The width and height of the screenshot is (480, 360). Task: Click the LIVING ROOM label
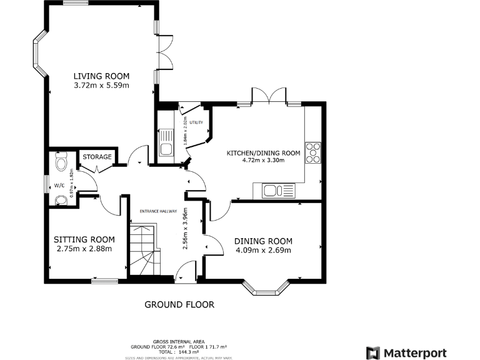coord(101,75)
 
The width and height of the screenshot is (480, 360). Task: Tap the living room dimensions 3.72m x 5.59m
coord(101,85)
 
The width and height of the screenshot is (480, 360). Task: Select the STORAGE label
coord(97,157)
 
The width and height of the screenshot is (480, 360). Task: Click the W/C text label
coord(59,186)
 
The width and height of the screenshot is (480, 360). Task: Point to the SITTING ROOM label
coord(84,239)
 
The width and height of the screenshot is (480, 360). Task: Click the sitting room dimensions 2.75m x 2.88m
coord(84,249)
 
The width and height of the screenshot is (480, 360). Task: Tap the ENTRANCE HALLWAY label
coord(158,211)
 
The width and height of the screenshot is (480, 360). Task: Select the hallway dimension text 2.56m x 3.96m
coord(185,229)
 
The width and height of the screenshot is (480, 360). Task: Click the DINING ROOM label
coord(263,241)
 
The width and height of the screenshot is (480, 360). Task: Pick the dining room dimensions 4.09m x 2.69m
coord(263,251)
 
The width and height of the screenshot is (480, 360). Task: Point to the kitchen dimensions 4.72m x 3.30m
coord(263,161)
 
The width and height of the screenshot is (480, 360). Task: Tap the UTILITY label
coord(196,122)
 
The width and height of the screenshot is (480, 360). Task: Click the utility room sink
coord(166,143)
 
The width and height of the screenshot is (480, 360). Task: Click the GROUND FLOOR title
coord(179,305)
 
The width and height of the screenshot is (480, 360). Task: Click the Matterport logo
coord(406,352)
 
